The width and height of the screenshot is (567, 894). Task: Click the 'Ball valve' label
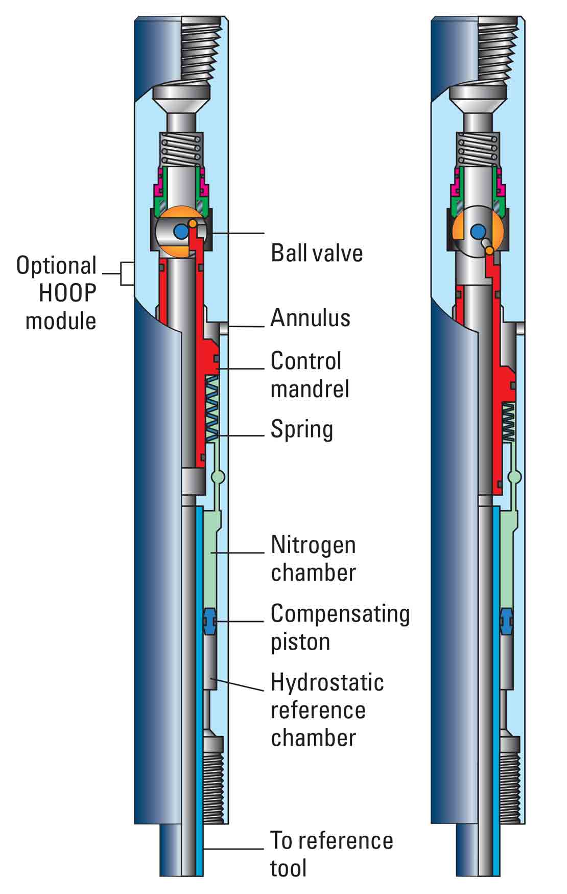(317, 253)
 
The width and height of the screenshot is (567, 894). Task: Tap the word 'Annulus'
(310, 317)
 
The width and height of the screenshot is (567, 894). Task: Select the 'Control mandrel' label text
(310, 375)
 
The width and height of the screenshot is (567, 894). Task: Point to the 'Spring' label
(301, 429)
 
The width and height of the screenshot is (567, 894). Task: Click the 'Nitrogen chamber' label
(313, 559)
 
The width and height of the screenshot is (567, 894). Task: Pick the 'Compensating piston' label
(340, 628)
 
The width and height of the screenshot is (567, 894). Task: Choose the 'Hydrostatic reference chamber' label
(327, 710)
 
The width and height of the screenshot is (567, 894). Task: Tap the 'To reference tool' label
(331, 854)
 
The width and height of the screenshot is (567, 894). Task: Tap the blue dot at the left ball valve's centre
(180, 232)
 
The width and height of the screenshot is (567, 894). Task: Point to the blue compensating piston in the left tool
(210, 621)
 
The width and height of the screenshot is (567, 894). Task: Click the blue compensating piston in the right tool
(507, 621)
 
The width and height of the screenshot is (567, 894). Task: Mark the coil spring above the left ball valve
(182, 149)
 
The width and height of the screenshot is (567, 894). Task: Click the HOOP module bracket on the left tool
(126, 273)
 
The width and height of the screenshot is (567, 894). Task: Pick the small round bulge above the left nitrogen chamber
(218, 477)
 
